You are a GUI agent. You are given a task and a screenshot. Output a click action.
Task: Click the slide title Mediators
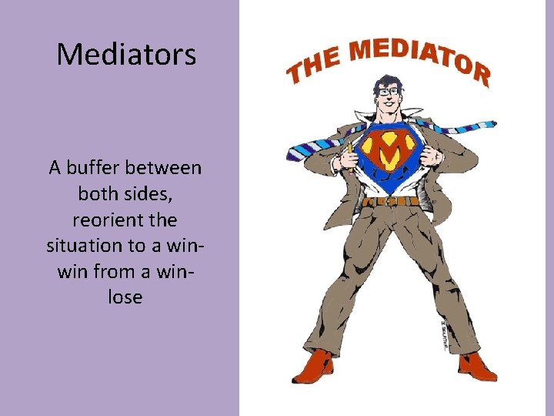(126, 54)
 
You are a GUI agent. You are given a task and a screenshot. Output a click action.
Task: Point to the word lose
(125, 297)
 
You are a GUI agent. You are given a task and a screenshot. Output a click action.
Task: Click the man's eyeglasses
(388, 92)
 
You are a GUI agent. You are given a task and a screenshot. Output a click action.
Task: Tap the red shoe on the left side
(312, 366)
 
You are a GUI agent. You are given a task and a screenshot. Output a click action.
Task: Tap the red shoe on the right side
(477, 366)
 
